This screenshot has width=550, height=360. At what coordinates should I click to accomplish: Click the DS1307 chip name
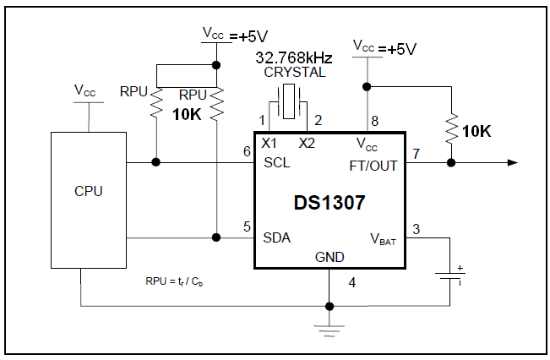[x=329, y=203]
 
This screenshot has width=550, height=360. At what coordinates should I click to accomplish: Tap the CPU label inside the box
[x=89, y=191]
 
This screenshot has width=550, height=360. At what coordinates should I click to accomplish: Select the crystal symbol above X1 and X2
[x=289, y=101]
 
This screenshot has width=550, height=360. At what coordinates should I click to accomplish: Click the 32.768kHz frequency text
[x=294, y=57]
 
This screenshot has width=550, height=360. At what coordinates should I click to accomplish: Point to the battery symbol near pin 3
[x=450, y=275]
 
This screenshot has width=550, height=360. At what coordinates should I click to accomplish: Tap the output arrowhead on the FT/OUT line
[x=513, y=162]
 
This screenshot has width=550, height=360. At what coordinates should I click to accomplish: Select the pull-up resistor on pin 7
[x=451, y=128]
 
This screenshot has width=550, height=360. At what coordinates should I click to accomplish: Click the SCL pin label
[x=277, y=162]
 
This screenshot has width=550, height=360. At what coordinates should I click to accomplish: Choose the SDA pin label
[x=277, y=238]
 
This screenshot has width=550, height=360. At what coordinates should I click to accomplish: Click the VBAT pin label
[x=383, y=239]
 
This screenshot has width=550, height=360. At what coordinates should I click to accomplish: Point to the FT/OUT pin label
[x=373, y=166]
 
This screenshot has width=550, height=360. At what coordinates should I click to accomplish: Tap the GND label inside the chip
[x=329, y=257]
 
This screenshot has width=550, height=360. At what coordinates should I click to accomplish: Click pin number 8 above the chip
[x=374, y=121]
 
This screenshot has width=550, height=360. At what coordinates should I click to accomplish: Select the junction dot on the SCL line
[x=155, y=162]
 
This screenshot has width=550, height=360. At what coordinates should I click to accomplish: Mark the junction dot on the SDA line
[x=216, y=237]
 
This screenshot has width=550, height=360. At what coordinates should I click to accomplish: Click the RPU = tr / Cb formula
[x=174, y=281]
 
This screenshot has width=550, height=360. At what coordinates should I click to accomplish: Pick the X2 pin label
[x=307, y=143]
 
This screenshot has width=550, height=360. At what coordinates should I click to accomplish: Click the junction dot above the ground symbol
[x=329, y=306]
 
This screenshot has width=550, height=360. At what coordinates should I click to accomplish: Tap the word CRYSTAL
[x=295, y=73]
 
